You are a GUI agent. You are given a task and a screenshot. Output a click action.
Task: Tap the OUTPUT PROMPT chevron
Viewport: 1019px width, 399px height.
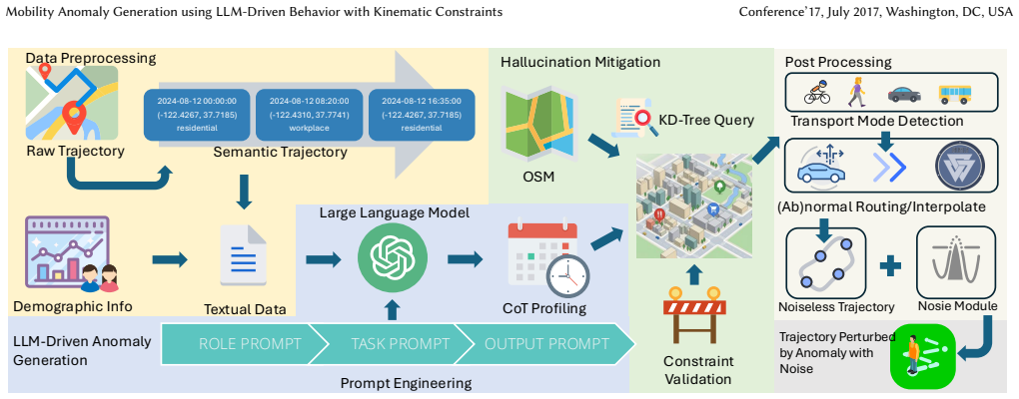[544, 343]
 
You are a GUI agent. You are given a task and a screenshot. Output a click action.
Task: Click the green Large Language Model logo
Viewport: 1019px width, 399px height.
[394, 257]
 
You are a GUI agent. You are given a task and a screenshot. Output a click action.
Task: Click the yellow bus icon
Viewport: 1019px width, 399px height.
[955, 94]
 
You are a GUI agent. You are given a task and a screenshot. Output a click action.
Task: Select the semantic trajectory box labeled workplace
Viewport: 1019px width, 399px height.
[310, 116]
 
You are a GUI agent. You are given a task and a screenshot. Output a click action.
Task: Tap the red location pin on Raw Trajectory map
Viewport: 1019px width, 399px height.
[74, 120]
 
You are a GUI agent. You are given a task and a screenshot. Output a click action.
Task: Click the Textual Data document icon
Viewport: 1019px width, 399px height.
[244, 255]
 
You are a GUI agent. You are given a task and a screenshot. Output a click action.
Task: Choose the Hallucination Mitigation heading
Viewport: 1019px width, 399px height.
[580, 62]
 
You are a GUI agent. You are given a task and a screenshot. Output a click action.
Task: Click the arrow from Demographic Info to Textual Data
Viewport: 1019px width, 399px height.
[170, 259]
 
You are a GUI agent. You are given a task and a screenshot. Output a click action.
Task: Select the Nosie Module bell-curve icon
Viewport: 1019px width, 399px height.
[955, 260]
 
